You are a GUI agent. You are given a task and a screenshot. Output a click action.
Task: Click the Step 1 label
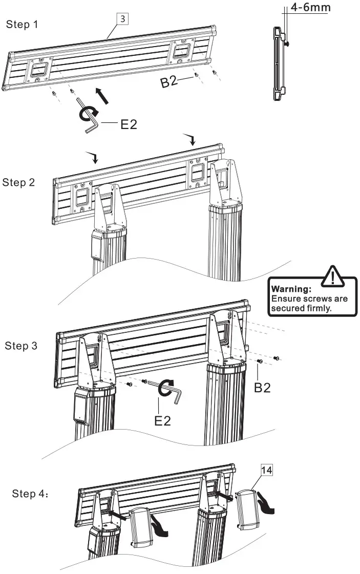tap(22, 25)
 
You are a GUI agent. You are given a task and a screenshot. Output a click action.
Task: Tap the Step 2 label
tap(18, 182)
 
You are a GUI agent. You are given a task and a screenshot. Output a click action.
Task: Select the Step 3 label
tap(21, 346)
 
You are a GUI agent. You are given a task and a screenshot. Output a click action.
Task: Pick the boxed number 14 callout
tap(266, 470)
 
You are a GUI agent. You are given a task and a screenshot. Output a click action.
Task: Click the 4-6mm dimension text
tap(310, 8)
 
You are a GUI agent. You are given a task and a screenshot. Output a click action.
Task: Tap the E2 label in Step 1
tap(128, 123)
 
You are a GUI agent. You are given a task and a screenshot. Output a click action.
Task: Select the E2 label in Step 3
tap(162, 421)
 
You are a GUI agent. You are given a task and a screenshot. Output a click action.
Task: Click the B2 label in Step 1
tap(170, 81)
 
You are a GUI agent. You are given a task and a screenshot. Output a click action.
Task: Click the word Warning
tap(291, 289)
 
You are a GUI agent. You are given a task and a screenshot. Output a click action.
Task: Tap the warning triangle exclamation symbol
tap(332, 277)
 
